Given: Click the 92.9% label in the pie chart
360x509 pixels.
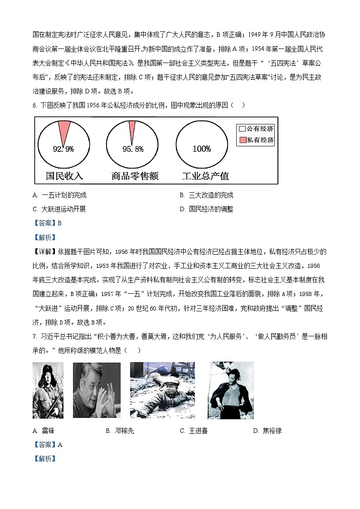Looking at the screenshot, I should click(x=63, y=149).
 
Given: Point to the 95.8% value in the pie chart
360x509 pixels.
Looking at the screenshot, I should click(x=133, y=149).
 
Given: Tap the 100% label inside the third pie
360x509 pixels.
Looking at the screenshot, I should click(x=202, y=149).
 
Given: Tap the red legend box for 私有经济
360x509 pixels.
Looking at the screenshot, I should click(x=242, y=140).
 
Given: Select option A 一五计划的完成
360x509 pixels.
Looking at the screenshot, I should click(x=59, y=195).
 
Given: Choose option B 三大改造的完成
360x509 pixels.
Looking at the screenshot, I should click(x=206, y=195).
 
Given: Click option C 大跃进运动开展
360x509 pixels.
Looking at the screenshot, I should click(x=59, y=209).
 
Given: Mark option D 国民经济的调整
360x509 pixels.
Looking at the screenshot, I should click(x=206, y=209).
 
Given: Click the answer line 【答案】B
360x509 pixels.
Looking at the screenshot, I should click(x=47, y=223).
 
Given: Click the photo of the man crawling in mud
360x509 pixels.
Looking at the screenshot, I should click(x=162, y=390).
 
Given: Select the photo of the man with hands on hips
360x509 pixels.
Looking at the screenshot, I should click(x=230, y=390).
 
